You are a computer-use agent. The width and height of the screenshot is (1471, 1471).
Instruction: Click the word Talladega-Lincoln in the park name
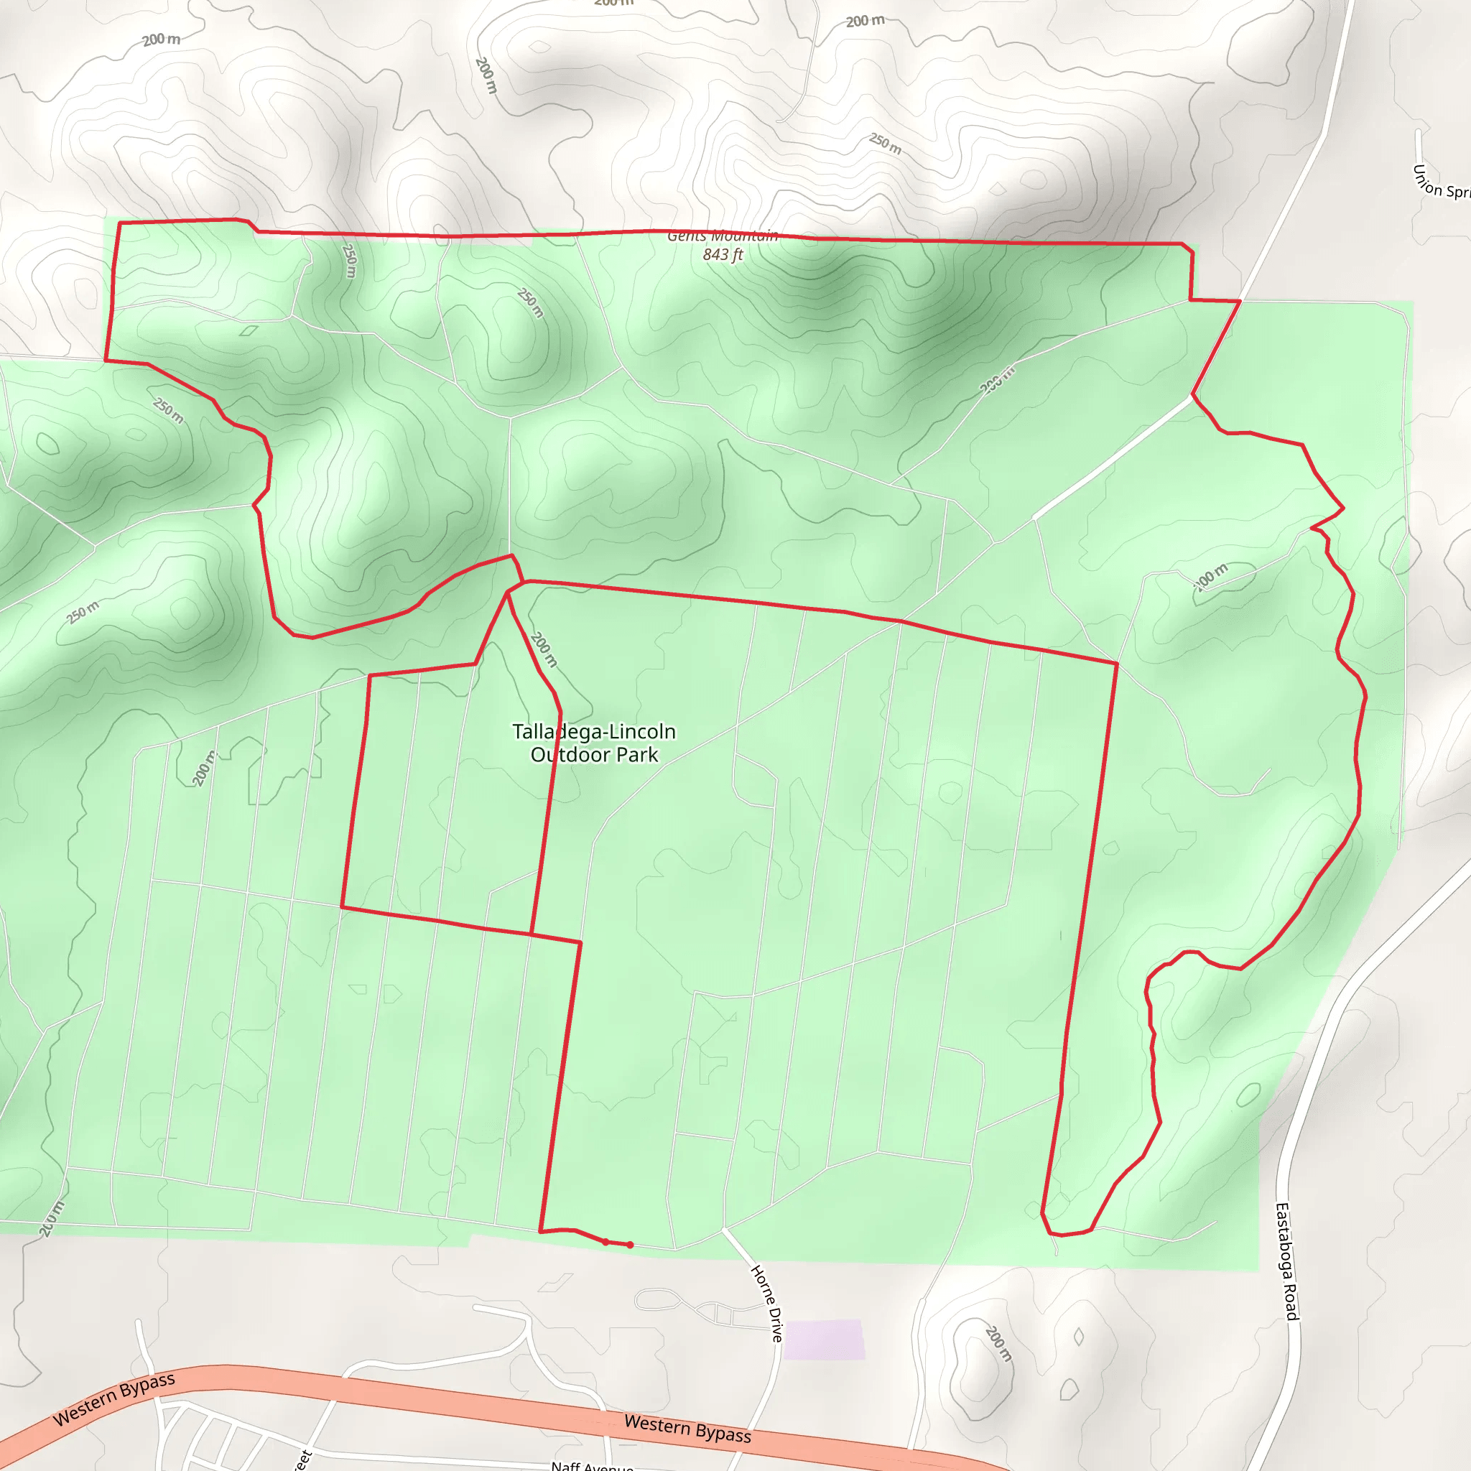[594, 732]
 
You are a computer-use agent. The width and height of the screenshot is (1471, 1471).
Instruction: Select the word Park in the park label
[638, 756]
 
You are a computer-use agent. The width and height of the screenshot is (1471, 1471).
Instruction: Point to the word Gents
[687, 236]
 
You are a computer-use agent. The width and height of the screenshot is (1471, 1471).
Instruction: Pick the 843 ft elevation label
[723, 254]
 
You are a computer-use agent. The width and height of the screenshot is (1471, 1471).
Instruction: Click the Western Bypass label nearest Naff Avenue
[687, 1429]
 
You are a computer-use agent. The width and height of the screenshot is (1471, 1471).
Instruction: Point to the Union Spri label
[1441, 183]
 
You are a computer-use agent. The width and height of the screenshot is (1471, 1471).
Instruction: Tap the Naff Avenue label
[593, 1466]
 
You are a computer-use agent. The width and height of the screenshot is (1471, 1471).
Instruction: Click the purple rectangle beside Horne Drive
[824, 1340]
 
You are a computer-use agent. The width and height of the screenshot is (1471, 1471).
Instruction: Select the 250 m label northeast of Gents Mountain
[886, 143]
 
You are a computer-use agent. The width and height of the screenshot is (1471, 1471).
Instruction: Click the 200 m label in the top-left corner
[162, 39]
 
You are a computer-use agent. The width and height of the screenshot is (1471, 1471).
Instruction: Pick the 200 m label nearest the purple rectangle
[998, 1343]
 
